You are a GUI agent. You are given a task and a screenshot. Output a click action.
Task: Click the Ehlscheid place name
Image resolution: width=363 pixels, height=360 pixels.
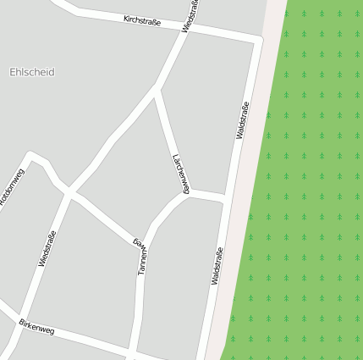click(x=32, y=73)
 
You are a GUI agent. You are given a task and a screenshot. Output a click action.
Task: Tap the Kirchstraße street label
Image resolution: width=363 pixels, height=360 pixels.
click(x=142, y=20)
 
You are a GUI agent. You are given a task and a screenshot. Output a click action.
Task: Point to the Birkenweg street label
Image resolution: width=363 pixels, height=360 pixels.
click(x=36, y=326)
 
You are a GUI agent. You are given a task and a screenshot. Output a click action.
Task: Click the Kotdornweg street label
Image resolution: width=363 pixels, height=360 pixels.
click(x=12, y=188)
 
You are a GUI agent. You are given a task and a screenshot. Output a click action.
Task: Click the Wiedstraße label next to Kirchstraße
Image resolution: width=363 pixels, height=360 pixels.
click(x=191, y=16)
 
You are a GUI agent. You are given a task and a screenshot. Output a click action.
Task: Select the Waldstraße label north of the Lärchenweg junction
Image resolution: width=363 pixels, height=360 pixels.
click(x=242, y=119)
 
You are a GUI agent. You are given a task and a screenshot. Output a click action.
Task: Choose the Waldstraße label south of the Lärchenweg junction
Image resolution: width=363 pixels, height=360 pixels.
click(x=217, y=265)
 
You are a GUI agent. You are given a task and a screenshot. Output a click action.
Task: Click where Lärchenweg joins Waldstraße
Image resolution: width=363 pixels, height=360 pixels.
click(x=225, y=198)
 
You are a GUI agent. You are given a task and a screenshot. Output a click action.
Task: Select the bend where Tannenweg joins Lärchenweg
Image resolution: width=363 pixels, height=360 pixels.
click(x=185, y=194)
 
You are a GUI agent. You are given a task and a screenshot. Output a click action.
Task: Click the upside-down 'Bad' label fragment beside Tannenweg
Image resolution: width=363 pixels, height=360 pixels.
click(x=138, y=243)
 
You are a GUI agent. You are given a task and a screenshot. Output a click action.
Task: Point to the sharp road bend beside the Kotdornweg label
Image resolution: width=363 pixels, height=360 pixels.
click(x=32, y=155)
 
